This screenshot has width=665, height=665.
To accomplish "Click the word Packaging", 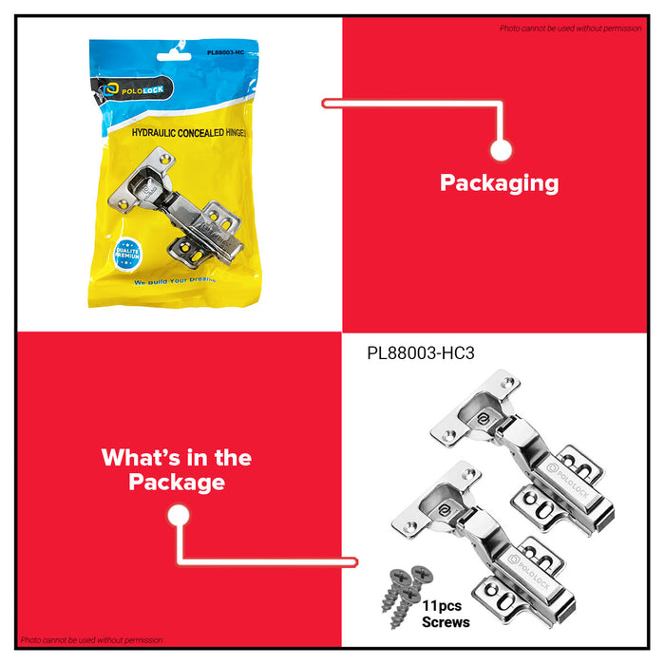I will coord(499,182).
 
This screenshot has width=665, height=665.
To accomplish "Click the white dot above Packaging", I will coord(502,150).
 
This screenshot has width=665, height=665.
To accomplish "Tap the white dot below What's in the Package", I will coord(178,516).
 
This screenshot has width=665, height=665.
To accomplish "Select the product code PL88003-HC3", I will coord(420,352).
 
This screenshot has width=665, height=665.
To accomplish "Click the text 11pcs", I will coord(445,605).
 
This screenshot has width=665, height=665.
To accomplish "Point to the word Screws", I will coord(446,622).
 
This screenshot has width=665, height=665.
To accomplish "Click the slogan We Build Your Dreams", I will coord(175,281).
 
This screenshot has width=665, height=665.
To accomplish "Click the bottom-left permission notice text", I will coord(91,640).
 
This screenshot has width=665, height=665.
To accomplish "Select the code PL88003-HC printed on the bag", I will coord(227,53).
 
